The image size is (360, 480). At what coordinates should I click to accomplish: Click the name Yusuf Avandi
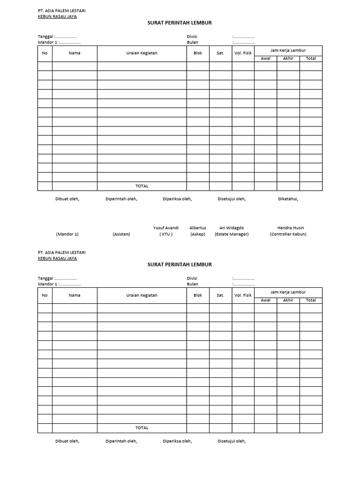(166, 228)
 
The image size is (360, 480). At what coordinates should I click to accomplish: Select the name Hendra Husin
(291, 228)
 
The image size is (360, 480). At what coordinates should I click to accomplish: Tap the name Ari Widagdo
(232, 228)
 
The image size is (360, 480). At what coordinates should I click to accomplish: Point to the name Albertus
(198, 228)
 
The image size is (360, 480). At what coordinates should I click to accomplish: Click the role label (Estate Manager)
(232, 234)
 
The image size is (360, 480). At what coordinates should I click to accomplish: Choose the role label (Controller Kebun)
(288, 234)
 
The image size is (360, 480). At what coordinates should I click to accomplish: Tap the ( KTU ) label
(166, 234)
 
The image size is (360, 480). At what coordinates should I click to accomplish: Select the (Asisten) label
(121, 234)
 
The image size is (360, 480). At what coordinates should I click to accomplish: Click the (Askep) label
(198, 234)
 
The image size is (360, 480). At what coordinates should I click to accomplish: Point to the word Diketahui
(288, 199)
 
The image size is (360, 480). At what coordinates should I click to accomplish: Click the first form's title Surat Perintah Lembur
(180, 22)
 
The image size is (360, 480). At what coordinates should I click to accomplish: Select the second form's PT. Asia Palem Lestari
(61, 252)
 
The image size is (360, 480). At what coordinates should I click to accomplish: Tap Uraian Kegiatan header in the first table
(142, 53)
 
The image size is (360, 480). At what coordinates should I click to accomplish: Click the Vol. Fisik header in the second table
(243, 295)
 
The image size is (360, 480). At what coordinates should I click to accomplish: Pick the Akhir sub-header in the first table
(288, 59)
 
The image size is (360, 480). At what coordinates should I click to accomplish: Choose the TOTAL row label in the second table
(142, 428)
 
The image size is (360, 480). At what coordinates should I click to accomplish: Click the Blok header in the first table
(198, 53)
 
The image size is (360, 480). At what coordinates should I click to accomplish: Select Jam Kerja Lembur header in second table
(288, 292)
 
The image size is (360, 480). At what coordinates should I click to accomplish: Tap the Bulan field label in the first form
(192, 42)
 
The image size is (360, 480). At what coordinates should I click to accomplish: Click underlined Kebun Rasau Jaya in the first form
(57, 16)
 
